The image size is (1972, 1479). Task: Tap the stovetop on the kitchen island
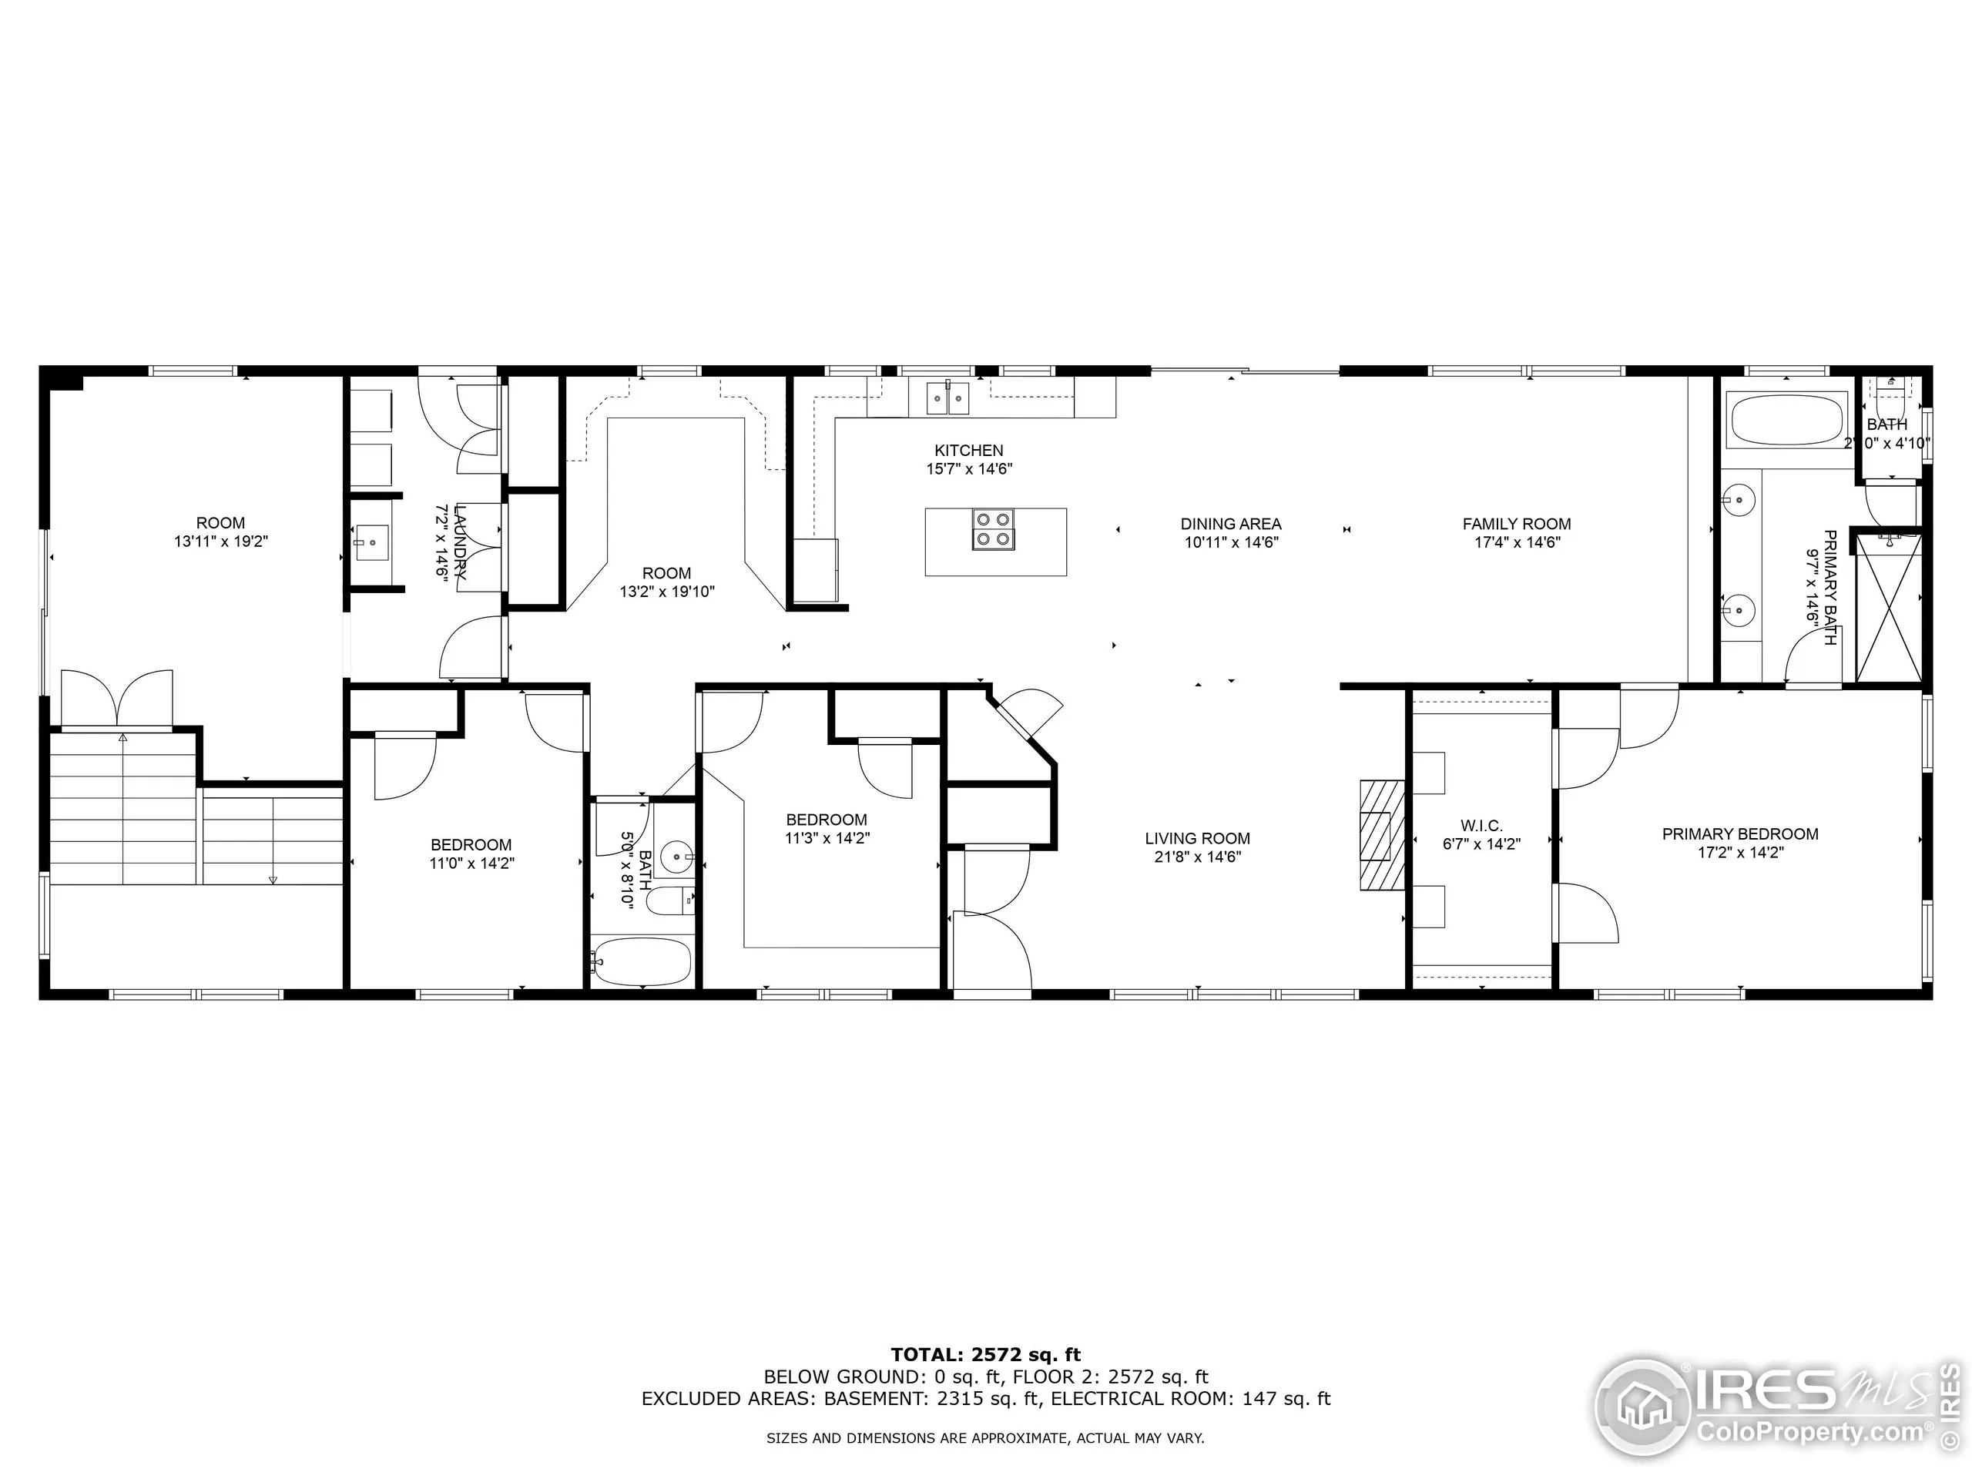click(992, 529)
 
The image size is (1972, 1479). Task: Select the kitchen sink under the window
click(947, 397)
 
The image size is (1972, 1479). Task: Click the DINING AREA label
click(1230, 525)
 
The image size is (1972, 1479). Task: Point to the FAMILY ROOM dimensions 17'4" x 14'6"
click(1517, 542)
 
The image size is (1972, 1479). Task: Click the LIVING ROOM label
click(1196, 839)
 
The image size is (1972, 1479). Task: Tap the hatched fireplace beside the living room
click(1380, 835)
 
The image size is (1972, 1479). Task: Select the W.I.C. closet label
click(1481, 827)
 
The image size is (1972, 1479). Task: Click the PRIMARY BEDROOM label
click(1739, 834)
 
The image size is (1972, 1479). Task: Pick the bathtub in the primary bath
click(1786, 421)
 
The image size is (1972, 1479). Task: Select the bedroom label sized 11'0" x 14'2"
click(471, 845)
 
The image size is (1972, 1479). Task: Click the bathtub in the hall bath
click(641, 962)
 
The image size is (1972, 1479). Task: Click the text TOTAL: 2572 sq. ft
click(985, 1355)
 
